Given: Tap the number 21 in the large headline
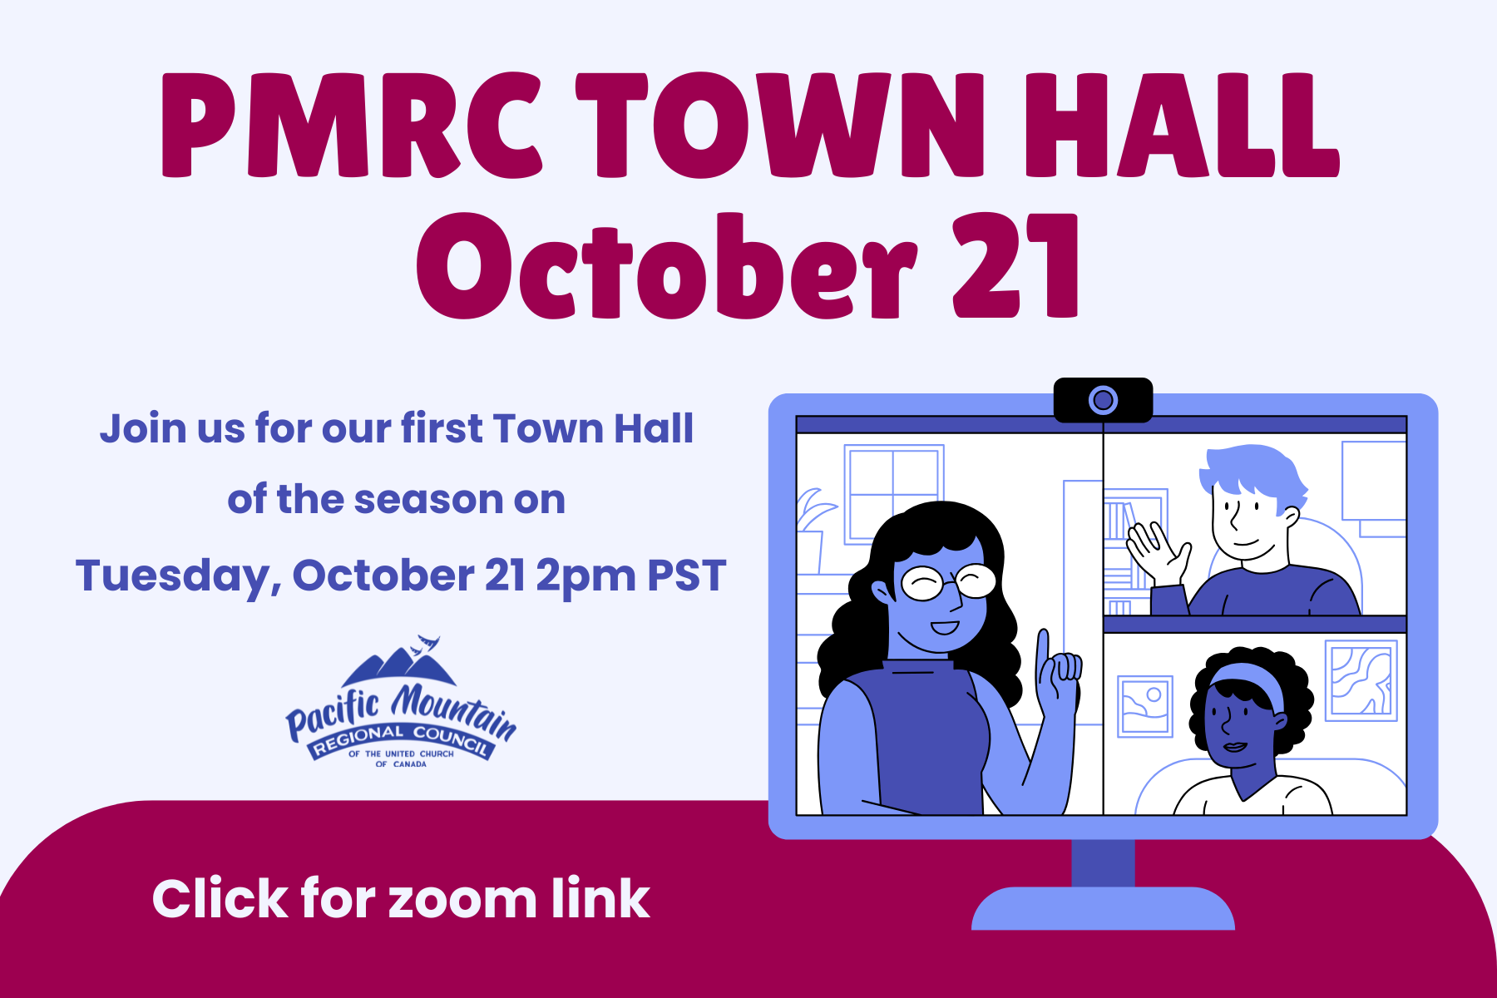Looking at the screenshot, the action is (1015, 265).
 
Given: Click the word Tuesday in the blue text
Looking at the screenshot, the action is (173, 576).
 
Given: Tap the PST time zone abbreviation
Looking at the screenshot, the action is (687, 575).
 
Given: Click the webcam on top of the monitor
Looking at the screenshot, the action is (1103, 400).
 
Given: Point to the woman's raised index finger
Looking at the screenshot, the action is (1042, 657).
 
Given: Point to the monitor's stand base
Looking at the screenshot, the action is (1103, 908).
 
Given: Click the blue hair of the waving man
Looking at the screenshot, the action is (1252, 474).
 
